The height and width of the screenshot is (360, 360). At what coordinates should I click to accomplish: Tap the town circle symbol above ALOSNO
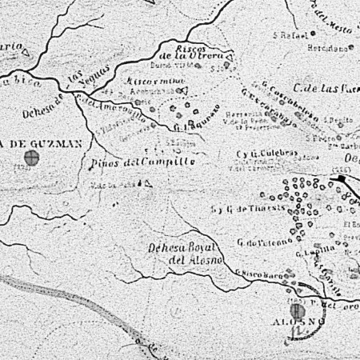tap(294, 310)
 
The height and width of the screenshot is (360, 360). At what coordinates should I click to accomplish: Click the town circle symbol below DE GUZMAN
tap(32, 158)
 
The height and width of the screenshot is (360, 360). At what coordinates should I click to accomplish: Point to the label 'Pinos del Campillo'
tap(143, 162)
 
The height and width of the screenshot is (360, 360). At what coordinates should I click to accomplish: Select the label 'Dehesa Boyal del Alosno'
tap(178, 254)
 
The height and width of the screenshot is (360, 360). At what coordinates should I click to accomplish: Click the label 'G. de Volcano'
tap(257, 242)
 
